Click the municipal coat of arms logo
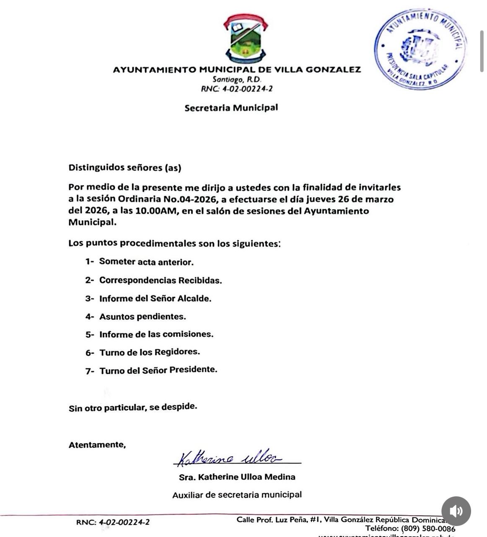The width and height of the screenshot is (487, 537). pyautogui.click(x=246, y=38)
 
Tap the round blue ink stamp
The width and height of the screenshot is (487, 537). pyautogui.click(x=420, y=49)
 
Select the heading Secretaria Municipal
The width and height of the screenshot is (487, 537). pyautogui.click(x=231, y=108)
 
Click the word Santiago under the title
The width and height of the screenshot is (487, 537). pyautogui.click(x=227, y=79)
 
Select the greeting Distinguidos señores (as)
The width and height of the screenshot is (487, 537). pyautogui.click(x=125, y=168)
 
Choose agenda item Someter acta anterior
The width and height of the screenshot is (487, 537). pyautogui.click(x=146, y=262)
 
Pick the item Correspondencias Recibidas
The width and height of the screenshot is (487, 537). pyautogui.click(x=160, y=280)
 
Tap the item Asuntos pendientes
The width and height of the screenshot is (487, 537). pyautogui.click(x=142, y=317)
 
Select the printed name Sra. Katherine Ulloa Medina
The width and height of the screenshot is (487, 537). pyautogui.click(x=237, y=477)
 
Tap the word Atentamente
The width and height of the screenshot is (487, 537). pyautogui.click(x=97, y=445)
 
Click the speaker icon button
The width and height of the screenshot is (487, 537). pyautogui.click(x=456, y=511)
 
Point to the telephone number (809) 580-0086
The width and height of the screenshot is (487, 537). pyautogui.click(x=428, y=529)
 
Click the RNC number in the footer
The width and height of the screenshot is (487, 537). pyautogui.click(x=124, y=522)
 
